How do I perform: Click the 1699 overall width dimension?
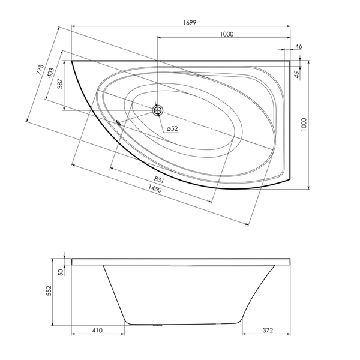pyautogui.click(x=190, y=23)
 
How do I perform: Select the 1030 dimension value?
pyautogui.click(x=227, y=34)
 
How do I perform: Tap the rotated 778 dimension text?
pyautogui.click(x=40, y=70)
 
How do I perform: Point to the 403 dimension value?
pyautogui.click(x=50, y=73)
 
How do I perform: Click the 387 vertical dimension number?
pyautogui.click(x=59, y=84)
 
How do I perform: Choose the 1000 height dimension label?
pyautogui.click(x=304, y=124)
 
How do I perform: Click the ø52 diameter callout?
pyautogui.click(x=172, y=128)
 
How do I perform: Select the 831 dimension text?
pyautogui.click(x=158, y=180)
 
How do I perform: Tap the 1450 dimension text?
pyautogui.click(x=155, y=188)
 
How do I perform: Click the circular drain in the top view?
pyautogui.click(x=158, y=110)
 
